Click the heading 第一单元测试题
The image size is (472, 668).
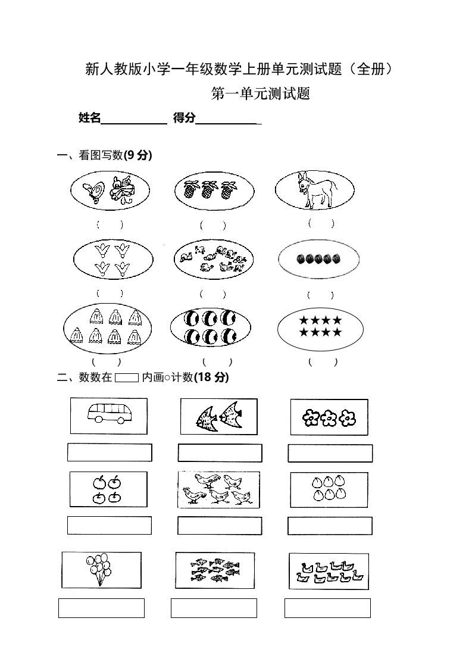pos(261,93)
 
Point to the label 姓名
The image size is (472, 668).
pos(89,118)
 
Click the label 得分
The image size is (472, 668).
pos(184,118)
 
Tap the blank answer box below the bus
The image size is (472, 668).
pos(110,452)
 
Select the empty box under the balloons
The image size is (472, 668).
pos(101,607)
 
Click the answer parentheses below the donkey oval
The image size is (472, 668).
pos(321,224)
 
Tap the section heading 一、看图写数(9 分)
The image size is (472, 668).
pos(105,155)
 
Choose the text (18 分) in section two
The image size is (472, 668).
pos(212,377)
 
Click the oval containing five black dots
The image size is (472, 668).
pos(318,259)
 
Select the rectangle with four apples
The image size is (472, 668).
pos(108,489)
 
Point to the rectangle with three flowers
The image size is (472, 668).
pos(329,417)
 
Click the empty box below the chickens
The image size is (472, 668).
pos(220,526)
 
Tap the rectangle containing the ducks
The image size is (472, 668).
pos(329,571)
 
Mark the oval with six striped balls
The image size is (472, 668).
pos(210,327)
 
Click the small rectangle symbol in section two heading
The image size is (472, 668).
pos(126,377)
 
